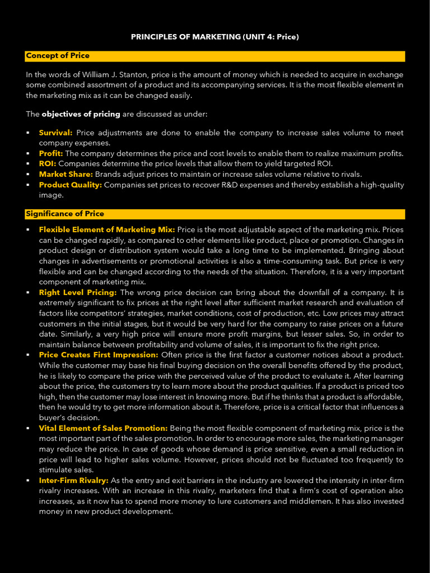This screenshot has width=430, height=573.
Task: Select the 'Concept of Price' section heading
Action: (x=58, y=56)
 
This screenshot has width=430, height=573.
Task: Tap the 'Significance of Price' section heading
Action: (x=65, y=214)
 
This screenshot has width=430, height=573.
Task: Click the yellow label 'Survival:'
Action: (x=55, y=133)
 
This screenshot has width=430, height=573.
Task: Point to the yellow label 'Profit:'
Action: (x=51, y=153)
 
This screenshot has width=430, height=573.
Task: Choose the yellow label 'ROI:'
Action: (x=48, y=164)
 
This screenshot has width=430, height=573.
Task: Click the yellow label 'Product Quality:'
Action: (x=71, y=185)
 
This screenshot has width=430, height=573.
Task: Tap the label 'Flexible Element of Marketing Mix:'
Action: (x=107, y=229)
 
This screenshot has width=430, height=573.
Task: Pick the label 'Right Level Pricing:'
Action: (x=78, y=292)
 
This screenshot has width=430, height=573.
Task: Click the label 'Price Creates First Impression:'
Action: (x=99, y=355)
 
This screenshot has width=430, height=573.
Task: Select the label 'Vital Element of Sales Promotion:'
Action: (x=103, y=428)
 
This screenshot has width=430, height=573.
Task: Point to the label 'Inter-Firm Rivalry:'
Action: (x=73, y=481)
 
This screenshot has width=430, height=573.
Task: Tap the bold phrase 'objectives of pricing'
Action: (x=81, y=114)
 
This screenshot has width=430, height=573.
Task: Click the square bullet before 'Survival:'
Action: (x=28, y=133)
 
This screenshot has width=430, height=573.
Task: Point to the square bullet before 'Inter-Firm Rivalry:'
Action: (x=28, y=481)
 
